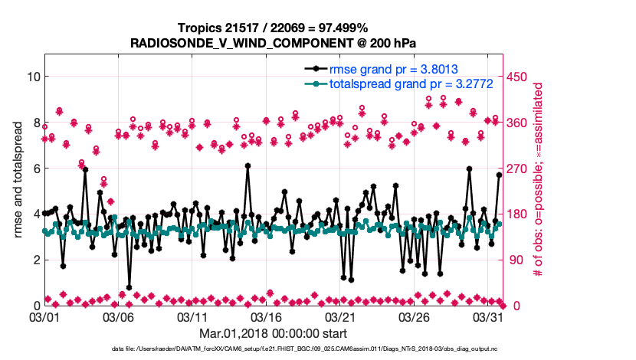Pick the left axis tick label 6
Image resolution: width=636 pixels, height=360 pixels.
35,169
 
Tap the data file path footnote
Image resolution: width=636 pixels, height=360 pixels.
305,349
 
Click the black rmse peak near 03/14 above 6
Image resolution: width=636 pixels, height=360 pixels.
248,165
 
